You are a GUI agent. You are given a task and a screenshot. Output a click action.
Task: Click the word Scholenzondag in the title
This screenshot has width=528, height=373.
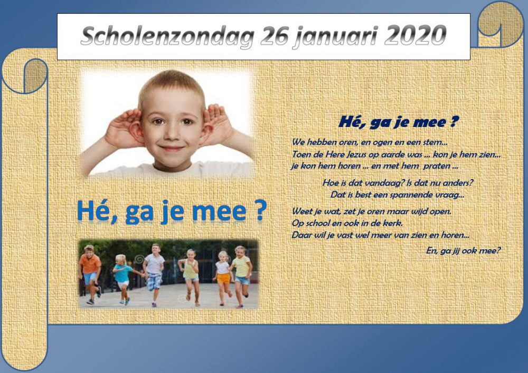(167, 36)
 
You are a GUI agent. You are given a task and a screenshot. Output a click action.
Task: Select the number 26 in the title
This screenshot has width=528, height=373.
(274, 35)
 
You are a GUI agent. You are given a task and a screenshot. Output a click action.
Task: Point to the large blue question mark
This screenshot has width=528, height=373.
(260, 211)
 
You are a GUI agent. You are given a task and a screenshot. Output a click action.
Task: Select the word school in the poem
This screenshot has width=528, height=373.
(315, 223)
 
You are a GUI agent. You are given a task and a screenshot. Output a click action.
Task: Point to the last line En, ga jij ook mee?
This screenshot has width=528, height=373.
(464, 251)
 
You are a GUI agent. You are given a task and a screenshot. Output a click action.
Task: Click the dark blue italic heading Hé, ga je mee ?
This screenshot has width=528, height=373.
(398, 122)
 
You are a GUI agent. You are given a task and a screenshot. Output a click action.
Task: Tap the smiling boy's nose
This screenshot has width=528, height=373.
(172, 133)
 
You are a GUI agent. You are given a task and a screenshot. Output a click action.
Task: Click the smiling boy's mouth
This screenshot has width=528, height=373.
(172, 148)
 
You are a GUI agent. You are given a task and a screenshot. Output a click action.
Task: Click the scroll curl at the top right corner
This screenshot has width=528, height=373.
(501, 24)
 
